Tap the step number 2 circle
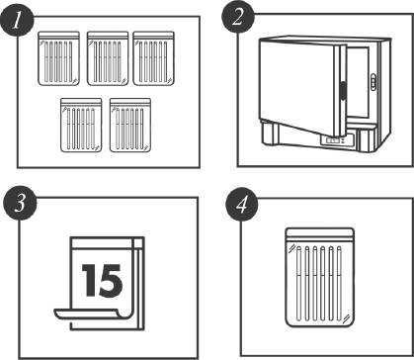(x=237, y=17)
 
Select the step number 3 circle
(x=19, y=204)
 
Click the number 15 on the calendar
(x=102, y=280)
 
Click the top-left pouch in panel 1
(x=59, y=58)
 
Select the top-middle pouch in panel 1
(x=108, y=58)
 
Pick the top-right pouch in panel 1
(x=153, y=58)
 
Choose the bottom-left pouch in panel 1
(x=81, y=125)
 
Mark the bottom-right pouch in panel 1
(x=130, y=125)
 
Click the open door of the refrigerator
(x=302, y=87)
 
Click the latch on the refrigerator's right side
(x=373, y=81)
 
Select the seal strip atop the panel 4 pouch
(x=320, y=232)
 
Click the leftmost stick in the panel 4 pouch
(x=298, y=284)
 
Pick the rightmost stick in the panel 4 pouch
(x=339, y=284)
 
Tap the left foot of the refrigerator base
(x=269, y=134)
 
